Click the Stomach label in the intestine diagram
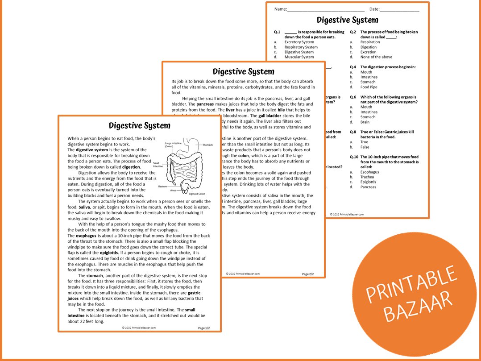[208, 145]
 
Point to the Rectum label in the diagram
[162, 187]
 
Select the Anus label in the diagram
[173, 191]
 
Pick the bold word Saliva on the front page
[84, 207]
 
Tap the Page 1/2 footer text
[203, 328]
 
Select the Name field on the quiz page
[325, 9]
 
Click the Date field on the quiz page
[399, 9]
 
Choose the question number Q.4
[352, 67]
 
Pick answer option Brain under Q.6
[365, 122]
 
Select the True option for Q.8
[365, 142]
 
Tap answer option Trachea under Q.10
[367, 177]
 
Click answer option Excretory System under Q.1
[299, 42]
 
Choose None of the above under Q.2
[376, 57]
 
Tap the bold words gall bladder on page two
[270, 116]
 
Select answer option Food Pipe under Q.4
[369, 87]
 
